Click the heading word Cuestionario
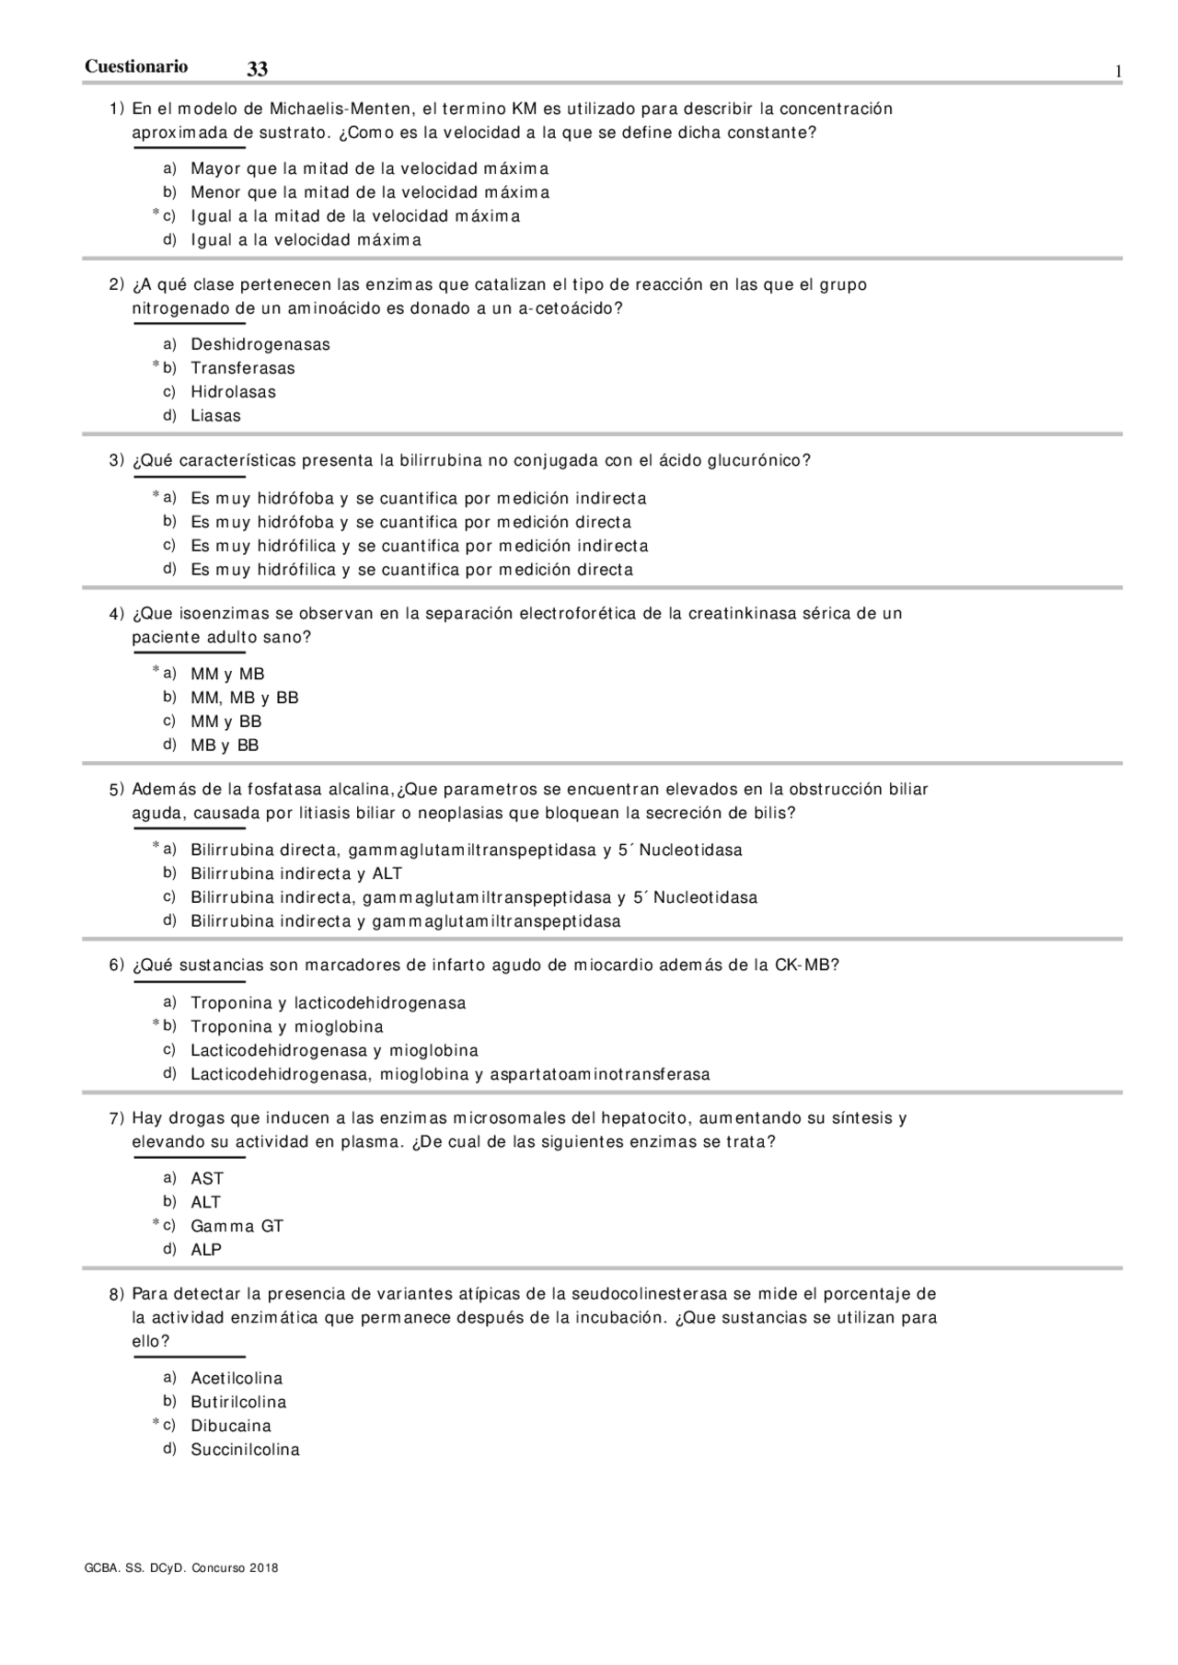136,66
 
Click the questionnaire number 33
258,70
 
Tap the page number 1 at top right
1118,72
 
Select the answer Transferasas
243,368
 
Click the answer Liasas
215,416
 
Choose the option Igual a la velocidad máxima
306,240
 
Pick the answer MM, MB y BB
245,698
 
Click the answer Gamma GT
237,1226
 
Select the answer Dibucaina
231,1426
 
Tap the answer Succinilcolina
245,1450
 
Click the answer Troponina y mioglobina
287,1026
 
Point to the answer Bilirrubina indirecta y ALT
296,873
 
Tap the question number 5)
116,790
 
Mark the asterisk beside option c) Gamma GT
156,1223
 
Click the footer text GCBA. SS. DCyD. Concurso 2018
181,1568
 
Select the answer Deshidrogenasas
260,344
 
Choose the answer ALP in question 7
206,1250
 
